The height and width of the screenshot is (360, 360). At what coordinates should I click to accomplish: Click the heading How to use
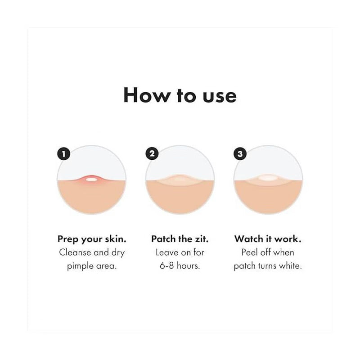point(180,95)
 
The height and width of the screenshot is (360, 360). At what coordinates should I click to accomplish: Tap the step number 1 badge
point(63,153)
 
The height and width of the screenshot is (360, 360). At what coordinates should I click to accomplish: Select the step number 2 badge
point(152,153)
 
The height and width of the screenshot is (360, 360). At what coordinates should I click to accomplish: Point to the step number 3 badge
point(240,153)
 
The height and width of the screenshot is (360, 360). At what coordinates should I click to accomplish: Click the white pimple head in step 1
point(91,180)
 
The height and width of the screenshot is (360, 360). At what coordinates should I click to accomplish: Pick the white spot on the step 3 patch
point(268,177)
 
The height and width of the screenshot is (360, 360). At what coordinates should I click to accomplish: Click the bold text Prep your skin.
point(92,239)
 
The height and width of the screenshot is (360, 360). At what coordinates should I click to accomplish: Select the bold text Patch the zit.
point(180,239)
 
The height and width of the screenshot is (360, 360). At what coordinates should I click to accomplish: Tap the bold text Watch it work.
point(268,239)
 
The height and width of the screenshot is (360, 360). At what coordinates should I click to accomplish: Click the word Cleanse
point(75,252)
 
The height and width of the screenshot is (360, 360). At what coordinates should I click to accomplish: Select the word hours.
point(188,265)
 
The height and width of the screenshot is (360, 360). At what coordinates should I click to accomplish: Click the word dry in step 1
point(118,253)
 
